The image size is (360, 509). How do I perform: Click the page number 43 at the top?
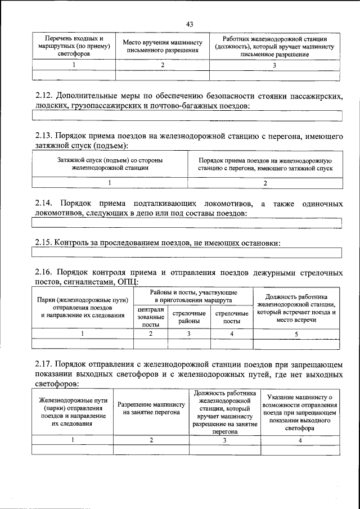(x=189, y=24)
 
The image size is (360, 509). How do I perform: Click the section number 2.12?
(x=44, y=96)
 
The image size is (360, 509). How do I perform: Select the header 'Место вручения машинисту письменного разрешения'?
(x=162, y=47)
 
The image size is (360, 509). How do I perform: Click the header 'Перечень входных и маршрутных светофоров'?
(x=74, y=47)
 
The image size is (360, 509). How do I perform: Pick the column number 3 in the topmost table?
(x=274, y=65)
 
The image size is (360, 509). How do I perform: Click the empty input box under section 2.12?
(x=187, y=116)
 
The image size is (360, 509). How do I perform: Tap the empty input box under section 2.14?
(x=187, y=223)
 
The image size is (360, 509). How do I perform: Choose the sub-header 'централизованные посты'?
(x=150, y=317)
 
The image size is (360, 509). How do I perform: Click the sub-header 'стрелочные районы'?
(x=188, y=317)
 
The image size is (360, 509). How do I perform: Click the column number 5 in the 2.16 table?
(x=296, y=334)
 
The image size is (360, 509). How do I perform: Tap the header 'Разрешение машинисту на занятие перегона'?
(x=151, y=408)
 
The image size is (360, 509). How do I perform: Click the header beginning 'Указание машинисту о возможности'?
(x=300, y=412)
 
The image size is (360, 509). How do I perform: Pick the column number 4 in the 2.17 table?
(x=300, y=440)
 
